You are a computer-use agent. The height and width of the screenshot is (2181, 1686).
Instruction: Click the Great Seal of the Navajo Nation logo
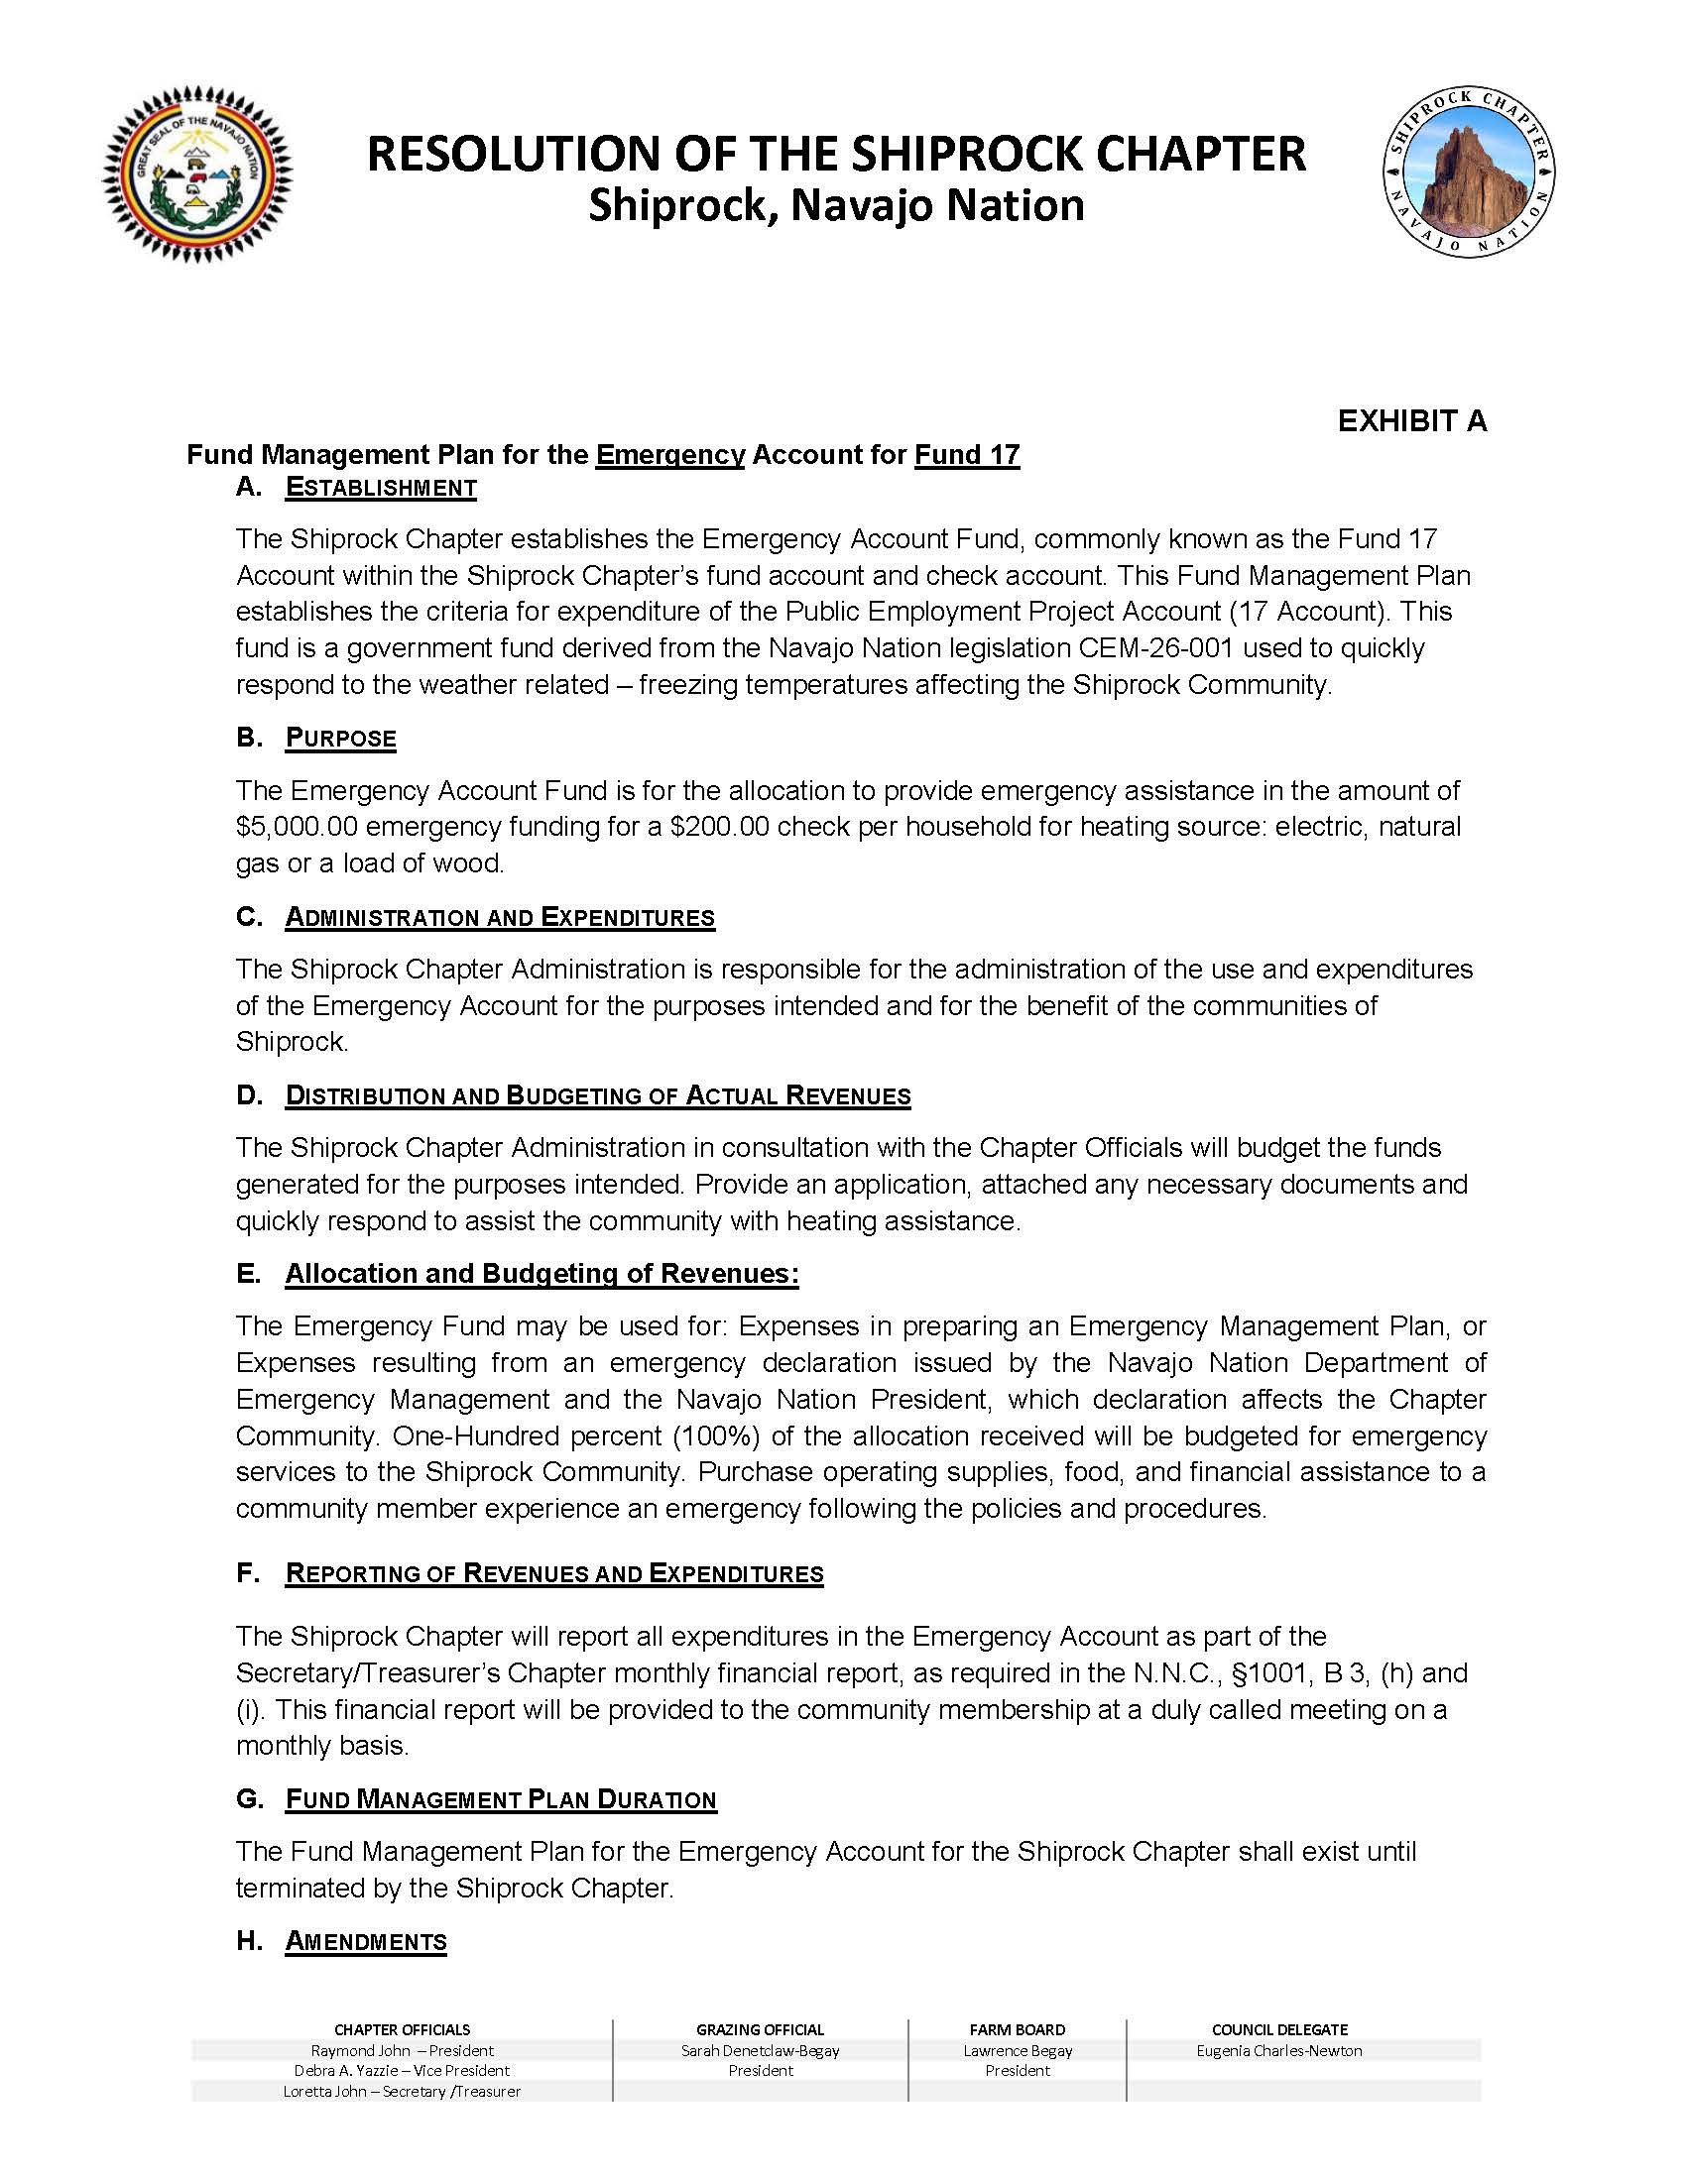pyautogui.click(x=197, y=177)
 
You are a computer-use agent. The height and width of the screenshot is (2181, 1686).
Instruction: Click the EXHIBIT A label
pyautogui.click(x=1411, y=421)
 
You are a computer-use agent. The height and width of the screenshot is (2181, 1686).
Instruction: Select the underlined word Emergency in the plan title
pyautogui.click(x=670, y=455)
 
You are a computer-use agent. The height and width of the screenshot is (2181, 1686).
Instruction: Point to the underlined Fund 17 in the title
pyautogui.click(x=967, y=455)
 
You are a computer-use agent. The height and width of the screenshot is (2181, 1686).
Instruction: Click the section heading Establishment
pyautogui.click(x=381, y=489)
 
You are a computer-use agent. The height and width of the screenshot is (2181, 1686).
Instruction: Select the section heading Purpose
pyautogui.click(x=340, y=739)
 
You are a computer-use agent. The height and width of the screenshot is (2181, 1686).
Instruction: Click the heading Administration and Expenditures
pyautogui.click(x=500, y=918)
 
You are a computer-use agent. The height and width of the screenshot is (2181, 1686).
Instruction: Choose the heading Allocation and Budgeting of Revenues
pyautogui.click(x=542, y=1274)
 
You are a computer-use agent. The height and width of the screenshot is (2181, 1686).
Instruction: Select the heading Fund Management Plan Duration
pyautogui.click(x=501, y=1800)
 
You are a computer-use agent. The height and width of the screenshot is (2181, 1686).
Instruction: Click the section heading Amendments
pyautogui.click(x=366, y=1942)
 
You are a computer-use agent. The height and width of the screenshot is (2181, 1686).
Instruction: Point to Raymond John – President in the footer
pyautogui.click(x=403, y=2051)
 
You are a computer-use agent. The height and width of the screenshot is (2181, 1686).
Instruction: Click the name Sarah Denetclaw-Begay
pyautogui.click(x=760, y=2051)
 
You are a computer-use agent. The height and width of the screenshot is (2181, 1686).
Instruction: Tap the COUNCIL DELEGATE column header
pyautogui.click(x=1279, y=2030)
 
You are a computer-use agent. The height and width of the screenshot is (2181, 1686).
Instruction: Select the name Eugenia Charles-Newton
pyautogui.click(x=1279, y=2051)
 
